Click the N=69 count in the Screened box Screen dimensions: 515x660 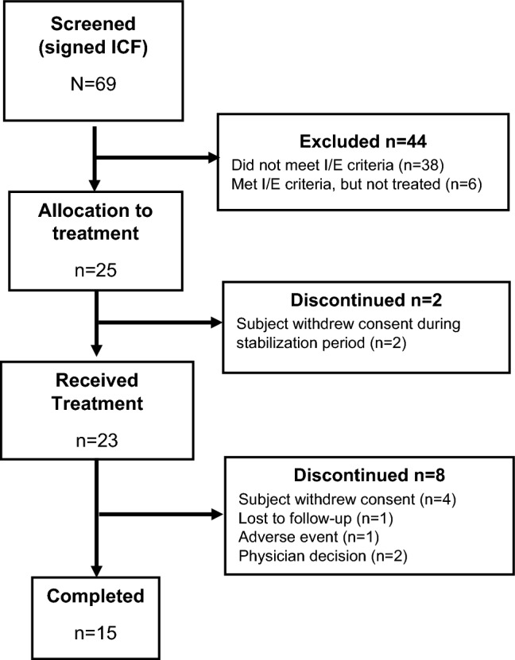tap(94, 83)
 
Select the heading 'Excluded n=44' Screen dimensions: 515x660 tap(363, 141)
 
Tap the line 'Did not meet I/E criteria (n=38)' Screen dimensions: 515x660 tap(338, 165)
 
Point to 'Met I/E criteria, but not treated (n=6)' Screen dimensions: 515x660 tap(357, 184)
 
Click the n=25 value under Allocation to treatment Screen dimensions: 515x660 tap(95, 270)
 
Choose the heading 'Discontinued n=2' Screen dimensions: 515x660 tap(366, 300)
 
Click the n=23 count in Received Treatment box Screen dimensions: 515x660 tap(97, 440)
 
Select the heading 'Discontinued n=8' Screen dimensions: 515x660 tap(370, 475)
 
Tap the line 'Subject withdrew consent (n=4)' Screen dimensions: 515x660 tap(347, 500)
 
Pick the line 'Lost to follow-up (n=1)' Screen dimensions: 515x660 tap(316, 518)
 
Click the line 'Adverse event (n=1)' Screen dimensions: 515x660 tap(308, 537)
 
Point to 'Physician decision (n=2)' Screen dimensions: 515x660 tap(323, 556)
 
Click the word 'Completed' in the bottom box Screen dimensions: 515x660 tap(95, 596)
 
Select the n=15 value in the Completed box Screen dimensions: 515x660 tap(95, 633)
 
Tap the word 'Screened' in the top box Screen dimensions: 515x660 tap(94, 24)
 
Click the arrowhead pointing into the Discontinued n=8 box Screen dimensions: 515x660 tap(218, 515)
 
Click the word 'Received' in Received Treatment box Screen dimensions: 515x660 tap(97, 380)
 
